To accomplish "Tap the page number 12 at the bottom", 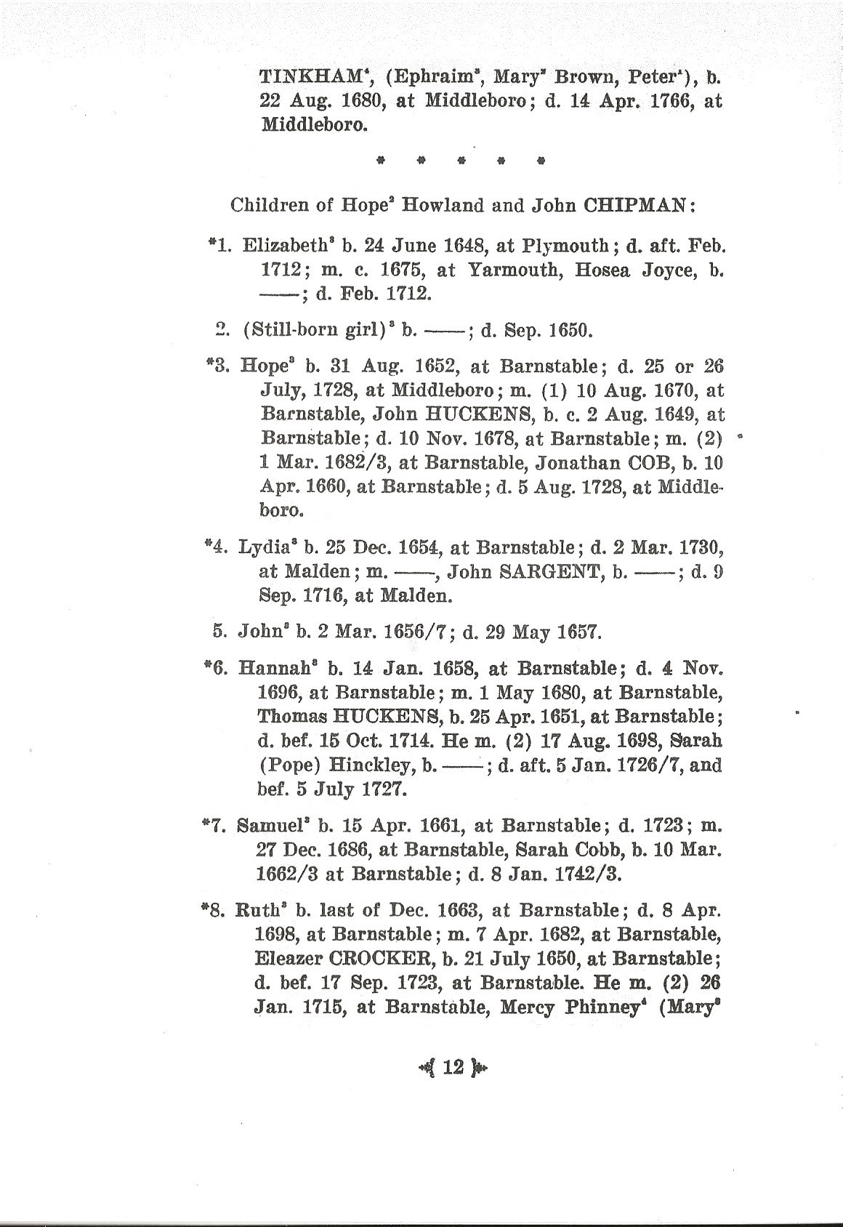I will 452,1067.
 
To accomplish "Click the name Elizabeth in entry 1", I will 277,245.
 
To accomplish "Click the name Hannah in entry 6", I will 277,668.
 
